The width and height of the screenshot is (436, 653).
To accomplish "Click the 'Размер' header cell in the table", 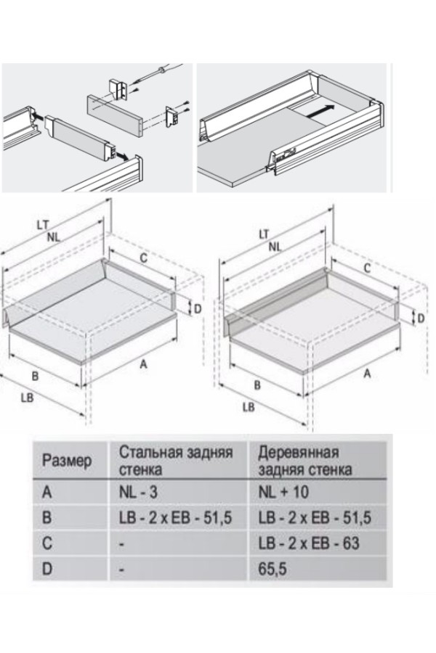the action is (x=67, y=461).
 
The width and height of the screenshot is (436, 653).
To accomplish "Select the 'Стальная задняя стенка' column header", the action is (x=176, y=461).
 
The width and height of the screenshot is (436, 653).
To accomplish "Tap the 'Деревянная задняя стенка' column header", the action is (x=305, y=461).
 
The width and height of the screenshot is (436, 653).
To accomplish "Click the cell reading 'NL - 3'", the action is (x=138, y=492).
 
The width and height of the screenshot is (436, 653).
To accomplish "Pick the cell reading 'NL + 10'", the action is (x=283, y=492).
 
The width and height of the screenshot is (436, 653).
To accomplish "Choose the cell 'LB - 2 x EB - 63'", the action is (x=309, y=543).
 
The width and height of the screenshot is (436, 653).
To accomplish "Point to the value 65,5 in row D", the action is (x=272, y=569).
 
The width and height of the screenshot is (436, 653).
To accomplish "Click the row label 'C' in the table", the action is (x=47, y=543).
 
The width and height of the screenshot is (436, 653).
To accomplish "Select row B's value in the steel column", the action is (x=175, y=517).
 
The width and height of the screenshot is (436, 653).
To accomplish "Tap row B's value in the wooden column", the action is (x=315, y=517).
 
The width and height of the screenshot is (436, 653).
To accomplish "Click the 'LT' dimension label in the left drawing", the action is (x=43, y=226).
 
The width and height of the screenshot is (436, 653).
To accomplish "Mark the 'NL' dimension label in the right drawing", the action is (x=275, y=247).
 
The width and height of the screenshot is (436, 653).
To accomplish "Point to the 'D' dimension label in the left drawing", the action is (x=198, y=309).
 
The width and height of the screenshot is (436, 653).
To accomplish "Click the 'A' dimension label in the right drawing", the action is (x=367, y=374).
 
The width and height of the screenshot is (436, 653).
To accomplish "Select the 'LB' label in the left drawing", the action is (x=27, y=398).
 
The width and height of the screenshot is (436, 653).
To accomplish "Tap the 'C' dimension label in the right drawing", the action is (x=367, y=268).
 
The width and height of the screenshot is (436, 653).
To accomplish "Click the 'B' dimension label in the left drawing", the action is (x=35, y=376).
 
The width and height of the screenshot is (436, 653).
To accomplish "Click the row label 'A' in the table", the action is (x=47, y=492).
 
